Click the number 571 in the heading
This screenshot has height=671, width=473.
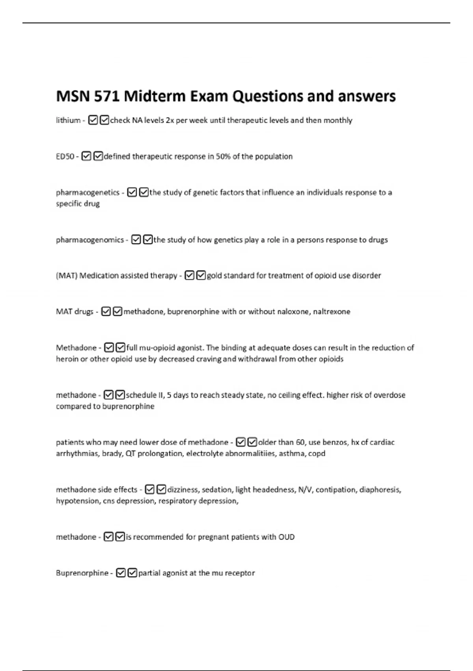[106, 96]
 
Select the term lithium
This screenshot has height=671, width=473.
[68, 120]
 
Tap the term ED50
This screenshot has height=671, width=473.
[65, 157]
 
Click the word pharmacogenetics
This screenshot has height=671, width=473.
[88, 193]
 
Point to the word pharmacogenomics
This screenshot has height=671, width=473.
[90, 240]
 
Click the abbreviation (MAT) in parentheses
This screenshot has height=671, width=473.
[67, 276]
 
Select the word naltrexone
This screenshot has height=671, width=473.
[331, 312]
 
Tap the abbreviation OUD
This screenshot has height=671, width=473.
[287, 537]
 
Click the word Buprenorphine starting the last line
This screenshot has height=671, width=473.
[82, 573]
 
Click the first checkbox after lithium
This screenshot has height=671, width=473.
[93, 120]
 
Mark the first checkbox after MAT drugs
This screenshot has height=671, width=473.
[106, 312]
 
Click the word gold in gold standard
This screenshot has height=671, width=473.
[214, 276]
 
